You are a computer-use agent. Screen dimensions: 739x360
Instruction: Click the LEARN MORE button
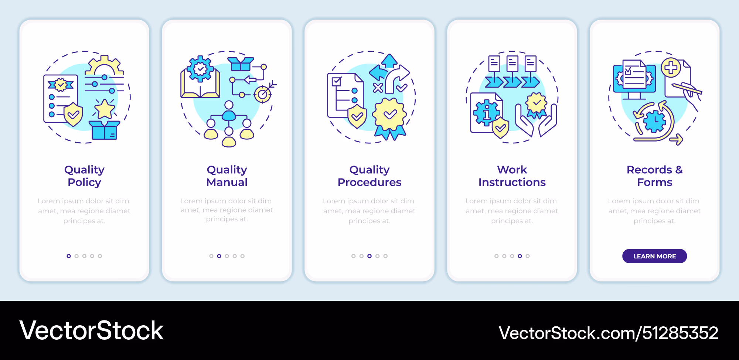[654, 256]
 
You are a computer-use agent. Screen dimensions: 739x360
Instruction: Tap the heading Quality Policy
[84, 176]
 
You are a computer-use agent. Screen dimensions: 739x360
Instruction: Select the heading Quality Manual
[227, 176]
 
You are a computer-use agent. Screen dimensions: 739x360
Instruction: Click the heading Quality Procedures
[369, 176]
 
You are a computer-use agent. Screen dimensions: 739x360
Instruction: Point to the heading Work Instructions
[512, 176]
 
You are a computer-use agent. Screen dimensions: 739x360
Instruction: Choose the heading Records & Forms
[655, 176]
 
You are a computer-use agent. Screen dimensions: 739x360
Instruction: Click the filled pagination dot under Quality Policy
[69, 256]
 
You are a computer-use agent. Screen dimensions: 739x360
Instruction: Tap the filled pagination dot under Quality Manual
[219, 256]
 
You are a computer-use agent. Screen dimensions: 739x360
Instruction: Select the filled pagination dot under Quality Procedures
[369, 256]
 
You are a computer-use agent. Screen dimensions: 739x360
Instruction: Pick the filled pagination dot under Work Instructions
[520, 256]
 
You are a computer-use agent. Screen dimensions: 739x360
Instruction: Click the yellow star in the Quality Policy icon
[105, 109]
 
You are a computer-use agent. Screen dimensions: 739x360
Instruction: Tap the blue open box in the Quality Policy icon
[105, 130]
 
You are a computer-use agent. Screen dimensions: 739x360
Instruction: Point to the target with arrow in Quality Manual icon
[264, 93]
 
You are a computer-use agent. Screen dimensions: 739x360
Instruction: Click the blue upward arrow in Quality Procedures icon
[389, 61]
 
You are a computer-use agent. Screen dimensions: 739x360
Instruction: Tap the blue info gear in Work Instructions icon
[487, 112]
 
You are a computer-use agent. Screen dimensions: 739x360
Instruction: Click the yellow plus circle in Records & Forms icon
[671, 68]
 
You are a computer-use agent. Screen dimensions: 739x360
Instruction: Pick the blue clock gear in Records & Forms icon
[654, 121]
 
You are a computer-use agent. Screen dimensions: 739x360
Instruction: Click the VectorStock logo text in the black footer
[91, 330]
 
